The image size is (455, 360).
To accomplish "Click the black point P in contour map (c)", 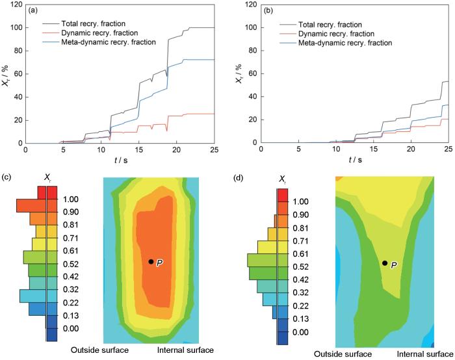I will [151, 261].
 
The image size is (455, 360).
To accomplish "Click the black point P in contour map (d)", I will [385, 263].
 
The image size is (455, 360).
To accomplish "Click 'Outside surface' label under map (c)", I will [99, 350].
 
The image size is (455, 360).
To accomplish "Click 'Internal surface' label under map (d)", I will [422, 354].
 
